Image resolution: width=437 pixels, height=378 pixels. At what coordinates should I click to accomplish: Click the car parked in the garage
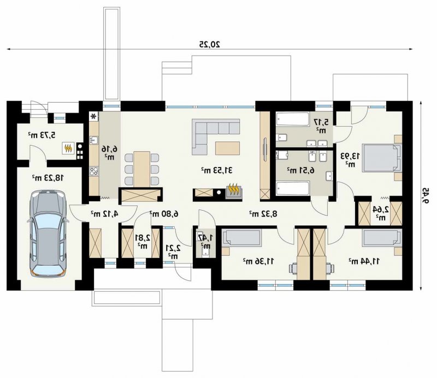click(x=48, y=233)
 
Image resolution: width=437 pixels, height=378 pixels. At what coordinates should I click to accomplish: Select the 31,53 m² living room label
click(x=217, y=170)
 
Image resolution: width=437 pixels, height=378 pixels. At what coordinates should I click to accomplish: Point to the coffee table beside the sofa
click(x=227, y=148)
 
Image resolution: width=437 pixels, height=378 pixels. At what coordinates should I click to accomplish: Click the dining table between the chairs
click(x=142, y=169)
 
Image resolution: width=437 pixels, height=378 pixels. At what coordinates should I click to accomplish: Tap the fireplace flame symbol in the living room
click(x=234, y=189)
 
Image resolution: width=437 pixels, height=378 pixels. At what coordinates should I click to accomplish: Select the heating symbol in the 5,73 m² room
click(x=68, y=148)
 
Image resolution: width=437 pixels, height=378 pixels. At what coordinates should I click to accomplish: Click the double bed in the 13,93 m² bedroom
click(x=382, y=158)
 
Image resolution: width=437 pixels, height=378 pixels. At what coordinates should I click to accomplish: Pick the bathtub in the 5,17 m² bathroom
click(x=293, y=119)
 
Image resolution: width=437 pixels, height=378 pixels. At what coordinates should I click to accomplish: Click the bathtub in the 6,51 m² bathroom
click(x=293, y=189)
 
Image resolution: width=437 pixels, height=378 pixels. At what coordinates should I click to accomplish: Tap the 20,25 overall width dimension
click(x=210, y=44)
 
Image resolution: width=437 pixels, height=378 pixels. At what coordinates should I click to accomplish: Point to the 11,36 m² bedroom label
click(x=258, y=261)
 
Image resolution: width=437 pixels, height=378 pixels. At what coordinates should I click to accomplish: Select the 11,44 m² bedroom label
click(x=364, y=261)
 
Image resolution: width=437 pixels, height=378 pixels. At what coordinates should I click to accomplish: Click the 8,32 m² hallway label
click(x=263, y=214)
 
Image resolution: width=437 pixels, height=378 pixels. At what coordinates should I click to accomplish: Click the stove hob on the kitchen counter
click(x=94, y=171)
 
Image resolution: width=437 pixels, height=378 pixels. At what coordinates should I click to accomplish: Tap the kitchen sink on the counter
click(x=94, y=140)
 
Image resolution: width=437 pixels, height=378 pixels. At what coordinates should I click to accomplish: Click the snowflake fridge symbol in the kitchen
click(x=94, y=116)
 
